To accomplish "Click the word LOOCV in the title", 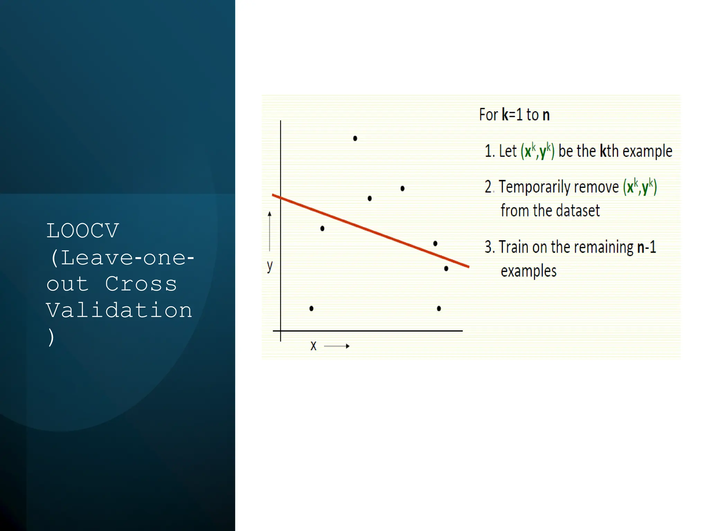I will [x=83, y=231].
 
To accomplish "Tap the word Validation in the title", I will [x=119, y=310].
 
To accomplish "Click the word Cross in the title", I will [x=141, y=284].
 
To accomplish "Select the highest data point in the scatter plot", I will [x=355, y=138].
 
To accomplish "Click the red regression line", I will [x=370, y=231].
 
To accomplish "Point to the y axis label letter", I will [x=270, y=266].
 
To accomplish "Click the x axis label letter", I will [x=313, y=346].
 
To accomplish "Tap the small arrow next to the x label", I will [x=336, y=346].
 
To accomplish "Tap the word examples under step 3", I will [x=529, y=271].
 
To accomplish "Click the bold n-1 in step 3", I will [x=646, y=247].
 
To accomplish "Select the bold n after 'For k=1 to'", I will [x=546, y=115].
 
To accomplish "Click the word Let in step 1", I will [x=508, y=151].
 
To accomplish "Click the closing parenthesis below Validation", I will [x=51, y=337].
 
